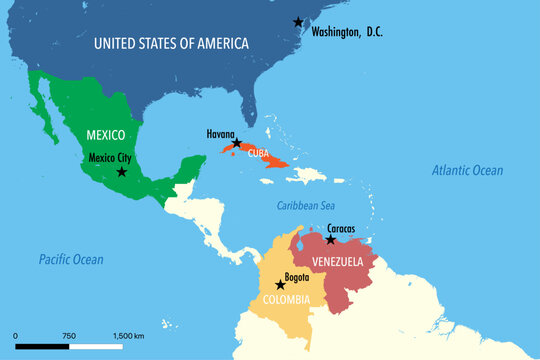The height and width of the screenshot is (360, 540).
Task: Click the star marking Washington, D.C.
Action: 298,22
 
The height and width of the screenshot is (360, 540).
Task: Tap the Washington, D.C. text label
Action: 347,32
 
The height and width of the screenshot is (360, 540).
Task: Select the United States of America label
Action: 171,43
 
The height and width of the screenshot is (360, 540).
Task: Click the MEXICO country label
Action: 105,134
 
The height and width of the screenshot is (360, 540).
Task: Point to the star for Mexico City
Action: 122,172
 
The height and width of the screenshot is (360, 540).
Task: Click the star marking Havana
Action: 237,143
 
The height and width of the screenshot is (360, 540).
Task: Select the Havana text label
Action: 221,133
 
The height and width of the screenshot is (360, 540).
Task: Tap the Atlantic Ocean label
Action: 467,171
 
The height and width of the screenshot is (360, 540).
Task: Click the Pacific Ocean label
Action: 71,259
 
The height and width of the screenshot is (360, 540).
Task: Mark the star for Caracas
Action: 330,240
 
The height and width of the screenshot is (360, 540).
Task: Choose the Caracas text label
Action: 340,228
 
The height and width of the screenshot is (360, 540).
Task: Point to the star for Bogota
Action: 280,285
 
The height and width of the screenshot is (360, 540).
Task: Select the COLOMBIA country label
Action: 287,299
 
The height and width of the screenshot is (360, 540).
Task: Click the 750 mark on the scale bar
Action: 69,335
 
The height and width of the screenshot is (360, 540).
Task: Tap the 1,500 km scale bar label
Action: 129,335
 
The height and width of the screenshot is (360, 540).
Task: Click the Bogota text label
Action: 296,276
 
